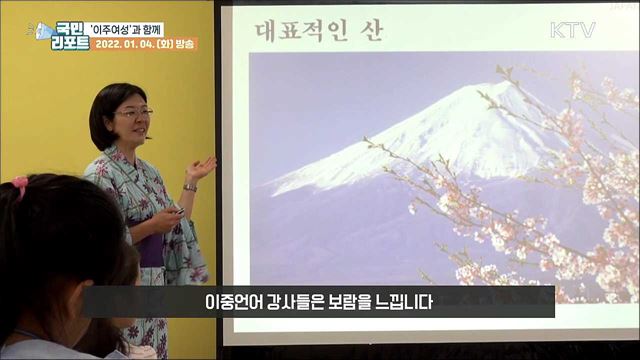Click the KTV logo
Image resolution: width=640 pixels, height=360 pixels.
572,31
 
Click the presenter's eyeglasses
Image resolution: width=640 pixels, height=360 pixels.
134,113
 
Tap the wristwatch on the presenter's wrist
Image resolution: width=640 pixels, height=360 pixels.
190,186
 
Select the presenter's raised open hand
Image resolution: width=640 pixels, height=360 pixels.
202,167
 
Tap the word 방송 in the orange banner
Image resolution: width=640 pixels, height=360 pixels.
185,44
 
